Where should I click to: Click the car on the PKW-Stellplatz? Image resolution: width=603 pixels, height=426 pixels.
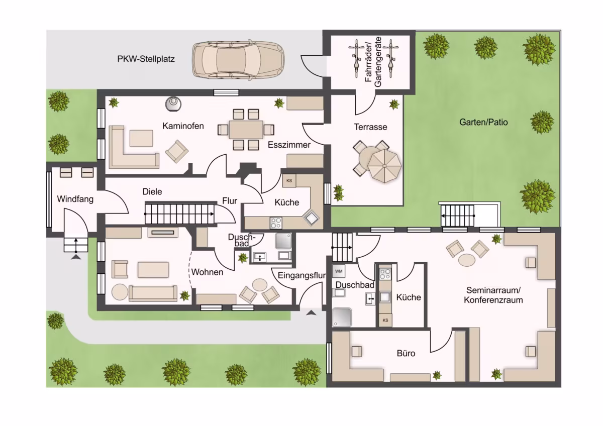[238, 60]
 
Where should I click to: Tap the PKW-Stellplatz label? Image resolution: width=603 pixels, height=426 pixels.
[146, 59]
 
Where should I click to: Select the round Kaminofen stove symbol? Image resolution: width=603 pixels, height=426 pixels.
[173, 103]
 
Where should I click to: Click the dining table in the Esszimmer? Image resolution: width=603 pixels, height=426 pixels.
[246, 130]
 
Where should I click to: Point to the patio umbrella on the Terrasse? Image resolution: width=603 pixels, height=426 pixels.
[384, 166]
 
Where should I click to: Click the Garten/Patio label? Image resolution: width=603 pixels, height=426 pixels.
[483, 122]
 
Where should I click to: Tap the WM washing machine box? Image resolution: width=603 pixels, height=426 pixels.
[339, 271]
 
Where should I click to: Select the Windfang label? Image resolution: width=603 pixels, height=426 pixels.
[75, 199]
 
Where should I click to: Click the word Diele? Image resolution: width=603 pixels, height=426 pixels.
[152, 191]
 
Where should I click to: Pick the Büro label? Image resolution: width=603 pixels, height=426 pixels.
[406, 353]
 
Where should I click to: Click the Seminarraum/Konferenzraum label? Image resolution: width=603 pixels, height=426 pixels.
[493, 295]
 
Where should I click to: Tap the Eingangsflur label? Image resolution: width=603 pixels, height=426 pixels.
[301, 275]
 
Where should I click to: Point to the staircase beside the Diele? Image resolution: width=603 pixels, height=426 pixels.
[179, 214]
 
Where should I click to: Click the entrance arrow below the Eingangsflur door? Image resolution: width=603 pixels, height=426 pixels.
[311, 312]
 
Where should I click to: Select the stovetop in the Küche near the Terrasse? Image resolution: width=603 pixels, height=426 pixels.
[276, 223]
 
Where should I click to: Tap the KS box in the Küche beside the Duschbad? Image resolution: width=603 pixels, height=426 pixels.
[385, 320]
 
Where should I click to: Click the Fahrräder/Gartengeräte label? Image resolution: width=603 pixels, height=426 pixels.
[373, 62]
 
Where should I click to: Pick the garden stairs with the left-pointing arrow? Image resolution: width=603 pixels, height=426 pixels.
[457, 216]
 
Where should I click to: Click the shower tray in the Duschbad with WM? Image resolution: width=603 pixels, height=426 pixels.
[342, 317]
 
